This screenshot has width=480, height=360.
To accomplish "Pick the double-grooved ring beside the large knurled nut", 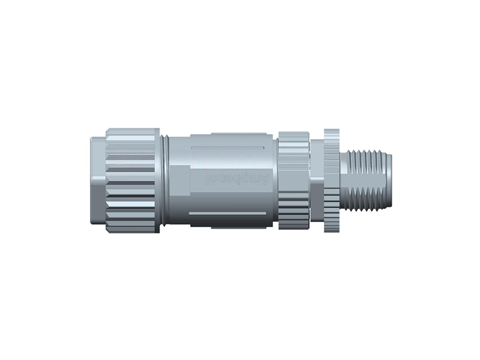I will [x=164, y=180].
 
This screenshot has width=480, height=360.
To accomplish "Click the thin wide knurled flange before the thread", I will [x=331, y=180].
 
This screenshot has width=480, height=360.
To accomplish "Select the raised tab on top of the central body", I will [x=234, y=136].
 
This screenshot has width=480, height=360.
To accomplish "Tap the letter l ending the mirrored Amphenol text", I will [x=208, y=178].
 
